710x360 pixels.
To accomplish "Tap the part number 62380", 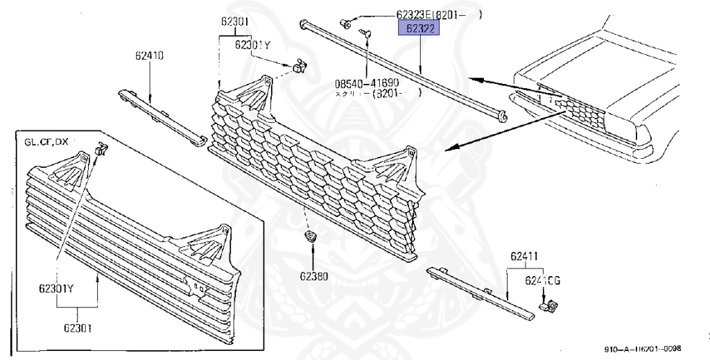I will (313, 276).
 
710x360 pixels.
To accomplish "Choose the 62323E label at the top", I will (426, 14).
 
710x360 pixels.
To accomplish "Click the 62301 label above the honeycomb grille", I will (236, 22).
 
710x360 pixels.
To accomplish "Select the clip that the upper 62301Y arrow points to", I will (299, 66).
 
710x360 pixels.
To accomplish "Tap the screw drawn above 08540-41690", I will (366, 32).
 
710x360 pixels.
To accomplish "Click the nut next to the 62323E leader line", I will (344, 25).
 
